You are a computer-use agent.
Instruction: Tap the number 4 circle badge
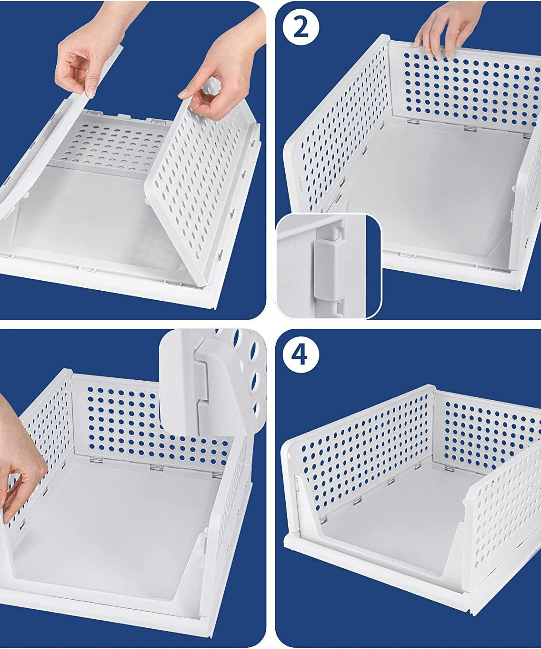[301, 355]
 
